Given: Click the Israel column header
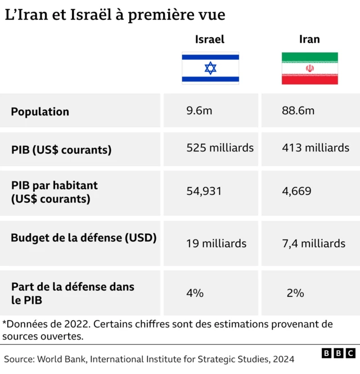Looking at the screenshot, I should [210, 39].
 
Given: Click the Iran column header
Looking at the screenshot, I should [309, 39].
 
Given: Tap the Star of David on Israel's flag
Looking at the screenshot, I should [210, 68].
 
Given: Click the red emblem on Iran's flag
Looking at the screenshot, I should [310, 69].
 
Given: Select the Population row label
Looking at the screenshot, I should [40, 112].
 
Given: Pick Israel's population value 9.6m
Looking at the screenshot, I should [199, 111].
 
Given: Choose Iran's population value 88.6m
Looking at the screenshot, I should [298, 111].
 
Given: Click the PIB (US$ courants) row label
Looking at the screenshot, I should [61, 150].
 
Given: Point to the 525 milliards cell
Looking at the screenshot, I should [220, 148].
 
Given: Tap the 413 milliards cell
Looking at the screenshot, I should [316, 148].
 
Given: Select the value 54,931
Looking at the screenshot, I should [204, 192].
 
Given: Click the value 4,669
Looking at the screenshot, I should [296, 192].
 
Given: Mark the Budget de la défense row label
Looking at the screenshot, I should [83, 238].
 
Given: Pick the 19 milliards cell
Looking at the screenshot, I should [217, 244].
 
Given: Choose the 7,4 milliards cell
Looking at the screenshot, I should [314, 244].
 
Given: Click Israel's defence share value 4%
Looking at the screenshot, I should [195, 293].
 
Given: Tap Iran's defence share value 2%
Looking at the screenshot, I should [295, 293].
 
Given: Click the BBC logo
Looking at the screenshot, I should [339, 353].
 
